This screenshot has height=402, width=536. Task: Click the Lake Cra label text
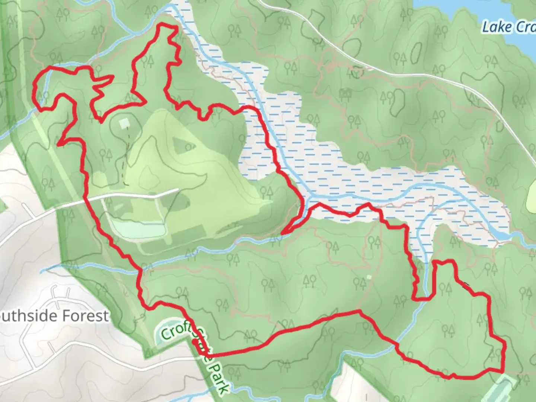coord(508,27)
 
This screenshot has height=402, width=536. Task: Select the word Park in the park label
coord(220,378)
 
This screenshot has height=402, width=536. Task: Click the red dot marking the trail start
coord(194,341)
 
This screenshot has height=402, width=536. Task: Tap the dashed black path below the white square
coord(126,156)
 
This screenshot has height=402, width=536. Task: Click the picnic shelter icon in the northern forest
coord(344,94)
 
